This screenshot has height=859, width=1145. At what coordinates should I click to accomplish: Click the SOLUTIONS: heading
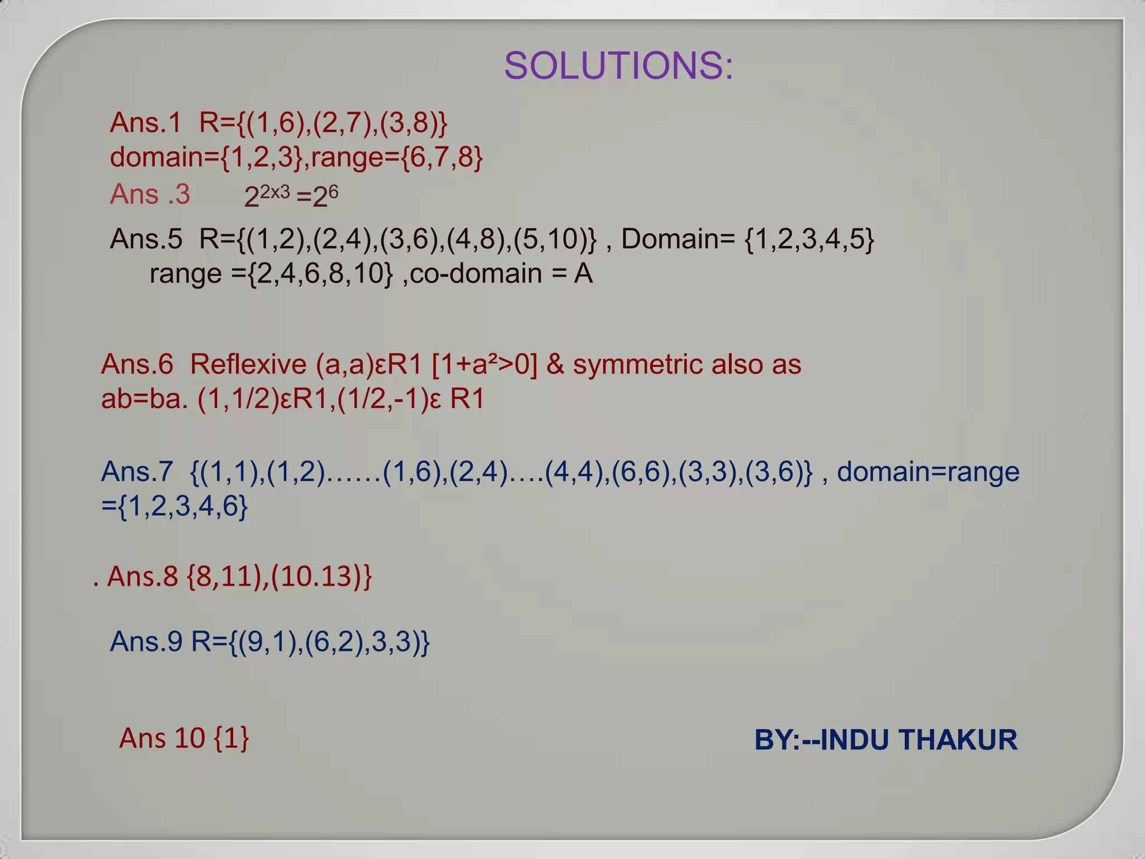(x=618, y=65)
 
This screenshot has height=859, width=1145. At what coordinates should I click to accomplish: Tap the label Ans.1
(x=145, y=122)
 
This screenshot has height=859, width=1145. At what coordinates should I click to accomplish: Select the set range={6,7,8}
(x=397, y=157)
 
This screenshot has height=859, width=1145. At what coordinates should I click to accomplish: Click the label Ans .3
(x=150, y=195)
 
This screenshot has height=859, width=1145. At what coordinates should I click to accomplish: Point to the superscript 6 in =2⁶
(x=333, y=192)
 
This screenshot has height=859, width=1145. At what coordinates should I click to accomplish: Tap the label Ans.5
(x=146, y=239)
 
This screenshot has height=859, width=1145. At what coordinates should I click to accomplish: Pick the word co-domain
(x=476, y=274)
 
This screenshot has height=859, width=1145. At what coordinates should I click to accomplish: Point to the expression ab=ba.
(x=144, y=399)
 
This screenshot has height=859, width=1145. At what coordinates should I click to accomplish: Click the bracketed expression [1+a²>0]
(x=484, y=365)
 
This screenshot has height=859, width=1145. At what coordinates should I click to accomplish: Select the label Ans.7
(x=137, y=472)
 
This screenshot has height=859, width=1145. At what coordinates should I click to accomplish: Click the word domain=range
(x=928, y=472)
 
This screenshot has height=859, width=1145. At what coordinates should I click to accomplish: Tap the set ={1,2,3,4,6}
(x=174, y=507)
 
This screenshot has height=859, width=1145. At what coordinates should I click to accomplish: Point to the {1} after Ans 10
(x=231, y=738)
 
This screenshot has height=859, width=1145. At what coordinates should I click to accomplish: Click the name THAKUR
(x=958, y=740)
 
